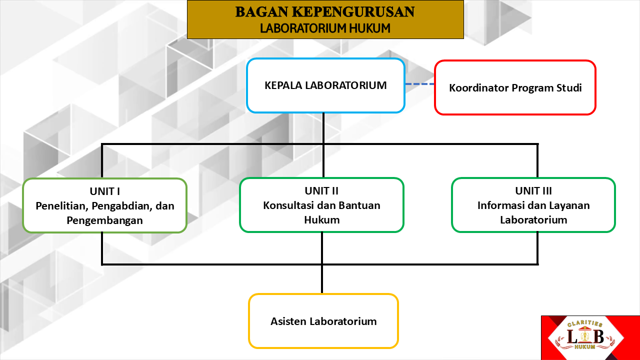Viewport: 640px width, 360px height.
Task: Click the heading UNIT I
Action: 104,190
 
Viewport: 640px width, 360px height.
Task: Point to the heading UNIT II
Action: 321,190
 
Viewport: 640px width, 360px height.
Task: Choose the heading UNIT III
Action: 533,190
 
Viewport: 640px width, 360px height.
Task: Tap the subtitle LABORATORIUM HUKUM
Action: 325,28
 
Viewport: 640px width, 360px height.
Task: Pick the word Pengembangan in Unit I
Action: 104,220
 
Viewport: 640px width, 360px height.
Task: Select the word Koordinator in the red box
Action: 478,88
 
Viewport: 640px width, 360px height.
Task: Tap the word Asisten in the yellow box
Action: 288,321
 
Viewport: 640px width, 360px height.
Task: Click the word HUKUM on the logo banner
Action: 585,347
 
